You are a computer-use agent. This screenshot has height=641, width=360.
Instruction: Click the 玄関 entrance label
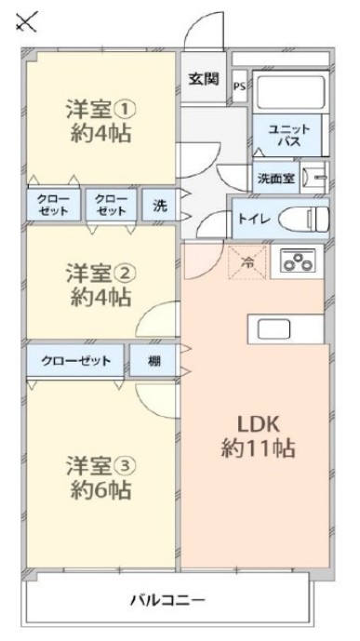[x=204, y=79]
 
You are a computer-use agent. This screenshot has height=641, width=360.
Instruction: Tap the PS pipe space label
[x=239, y=87]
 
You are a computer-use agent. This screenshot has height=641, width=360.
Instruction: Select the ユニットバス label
[x=287, y=134]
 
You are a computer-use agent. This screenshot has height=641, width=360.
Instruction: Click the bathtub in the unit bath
[x=288, y=92]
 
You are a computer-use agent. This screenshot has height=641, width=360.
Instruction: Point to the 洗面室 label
[x=276, y=176]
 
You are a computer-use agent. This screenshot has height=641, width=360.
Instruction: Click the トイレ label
[x=254, y=220]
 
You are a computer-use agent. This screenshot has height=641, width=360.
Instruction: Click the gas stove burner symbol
[x=297, y=263]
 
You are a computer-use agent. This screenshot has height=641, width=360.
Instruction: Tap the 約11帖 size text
[x=258, y=448]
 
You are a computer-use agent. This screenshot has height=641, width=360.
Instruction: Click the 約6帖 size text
[x=99, y=490]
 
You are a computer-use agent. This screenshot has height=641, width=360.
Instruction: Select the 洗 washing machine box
[x=159, y=204]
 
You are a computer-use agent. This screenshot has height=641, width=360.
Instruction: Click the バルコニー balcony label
[x=167, y=600]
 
